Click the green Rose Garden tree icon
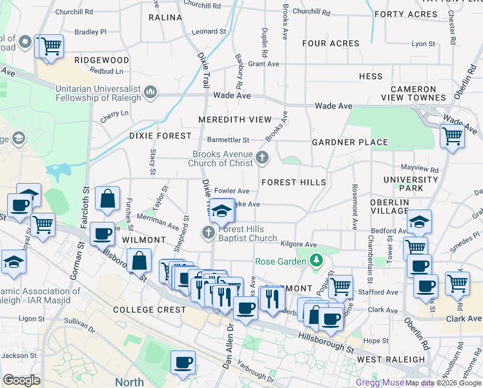coord(316,261)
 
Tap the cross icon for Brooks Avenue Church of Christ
coord(262,156)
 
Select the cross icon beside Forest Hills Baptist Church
coord(209,232)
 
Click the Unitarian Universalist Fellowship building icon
coord(151,92)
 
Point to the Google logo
coord(21,380)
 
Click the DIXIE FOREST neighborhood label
coord(160,136)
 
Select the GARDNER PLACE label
coord(349,142)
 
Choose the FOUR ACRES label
coord(331,43)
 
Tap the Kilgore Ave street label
coord(299,244)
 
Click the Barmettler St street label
coord(228,140)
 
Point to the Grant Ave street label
coord(263,64)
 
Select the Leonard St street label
coord(209,31)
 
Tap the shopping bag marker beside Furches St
coord(107,200)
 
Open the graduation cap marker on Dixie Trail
coord(221,211)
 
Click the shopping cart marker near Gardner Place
coord(452,136)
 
